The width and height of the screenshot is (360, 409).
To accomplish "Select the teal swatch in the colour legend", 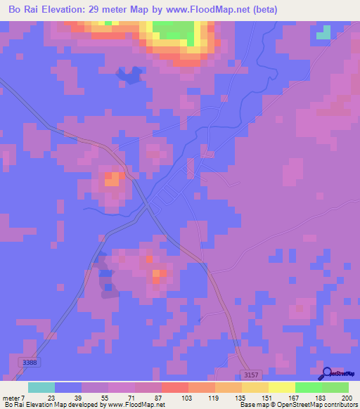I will click(41, 387).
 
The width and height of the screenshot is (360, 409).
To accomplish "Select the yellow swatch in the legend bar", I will click(281, 387).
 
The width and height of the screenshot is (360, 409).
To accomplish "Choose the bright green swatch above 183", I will click(308, 387).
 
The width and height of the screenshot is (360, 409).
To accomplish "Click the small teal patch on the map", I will click(323, 32).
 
